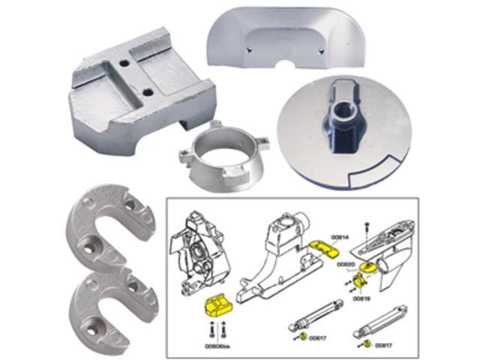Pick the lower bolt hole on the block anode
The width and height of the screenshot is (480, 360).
coord(148,92)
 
